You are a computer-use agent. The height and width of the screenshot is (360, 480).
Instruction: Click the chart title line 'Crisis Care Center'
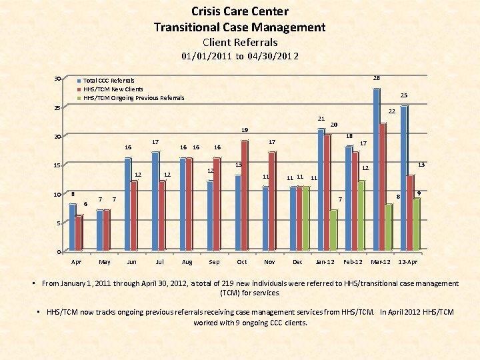click(240, 11)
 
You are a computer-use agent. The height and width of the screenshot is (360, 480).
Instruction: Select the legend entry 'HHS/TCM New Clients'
click(113, 89)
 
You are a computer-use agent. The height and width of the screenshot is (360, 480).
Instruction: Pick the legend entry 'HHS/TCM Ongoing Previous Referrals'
click(133, 98)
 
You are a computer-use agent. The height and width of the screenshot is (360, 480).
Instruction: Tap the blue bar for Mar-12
click(377, 170)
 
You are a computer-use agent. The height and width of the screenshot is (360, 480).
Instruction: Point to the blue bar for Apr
click(72, 227)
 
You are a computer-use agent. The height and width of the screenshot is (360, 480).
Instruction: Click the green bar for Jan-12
click(333, 230)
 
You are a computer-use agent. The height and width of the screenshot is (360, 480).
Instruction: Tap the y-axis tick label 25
click(58, 108)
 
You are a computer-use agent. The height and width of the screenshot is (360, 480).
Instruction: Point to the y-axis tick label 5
click(59, 223)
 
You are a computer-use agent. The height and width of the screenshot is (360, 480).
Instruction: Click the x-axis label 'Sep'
click(214, 262)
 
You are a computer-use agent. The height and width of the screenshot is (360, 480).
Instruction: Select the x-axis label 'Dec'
click(297, 262)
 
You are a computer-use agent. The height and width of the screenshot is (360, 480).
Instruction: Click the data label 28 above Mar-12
click(377, 77)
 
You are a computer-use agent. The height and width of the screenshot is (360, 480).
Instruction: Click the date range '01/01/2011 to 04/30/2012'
click(240, 56)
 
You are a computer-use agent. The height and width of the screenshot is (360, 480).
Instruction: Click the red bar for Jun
click(134, 216)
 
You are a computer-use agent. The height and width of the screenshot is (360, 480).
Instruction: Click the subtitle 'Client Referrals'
click(240, 42)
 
